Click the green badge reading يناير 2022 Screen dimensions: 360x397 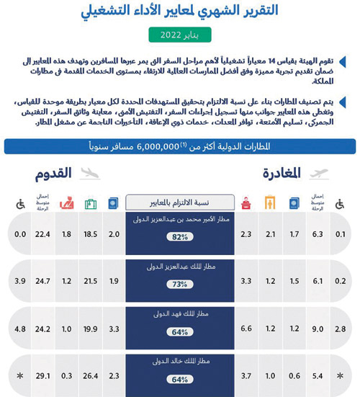(181, 35)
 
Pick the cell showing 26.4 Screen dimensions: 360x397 (91, 375)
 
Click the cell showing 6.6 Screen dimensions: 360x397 (245, 329)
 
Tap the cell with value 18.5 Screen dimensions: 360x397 (91, 235)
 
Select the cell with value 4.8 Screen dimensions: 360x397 (19, 329)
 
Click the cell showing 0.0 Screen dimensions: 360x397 (19, 235)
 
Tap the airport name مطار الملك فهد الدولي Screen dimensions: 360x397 (181, 313)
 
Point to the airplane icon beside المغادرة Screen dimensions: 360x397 (318, 173)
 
